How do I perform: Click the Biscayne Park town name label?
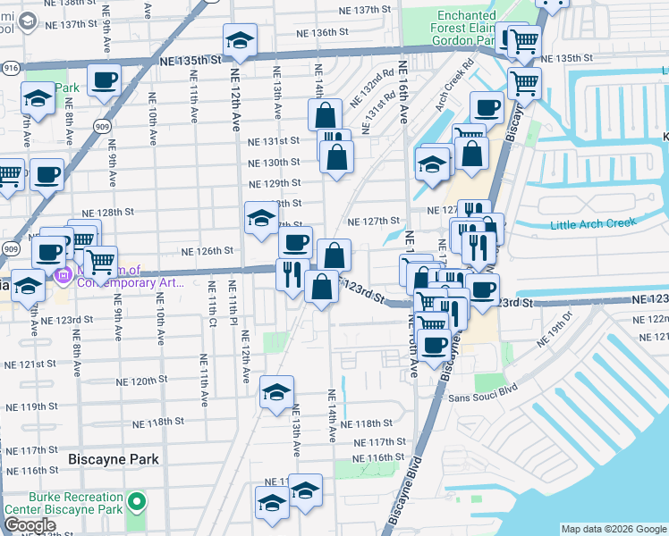pyautogui.click(x=114, y=459)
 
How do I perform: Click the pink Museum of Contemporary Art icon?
pyautogui.click(x=63, y=272)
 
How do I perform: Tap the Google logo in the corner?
pyautogui.click(x=30, y=525)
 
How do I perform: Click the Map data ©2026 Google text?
pyautogui.click(x=614, y=529)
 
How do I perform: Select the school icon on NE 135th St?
pyautogui.click(x=239, y=41)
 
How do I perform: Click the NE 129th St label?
pyautogui.click(x=275, y=182)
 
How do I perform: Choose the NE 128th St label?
pyautogui.click(x=107, y=214)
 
